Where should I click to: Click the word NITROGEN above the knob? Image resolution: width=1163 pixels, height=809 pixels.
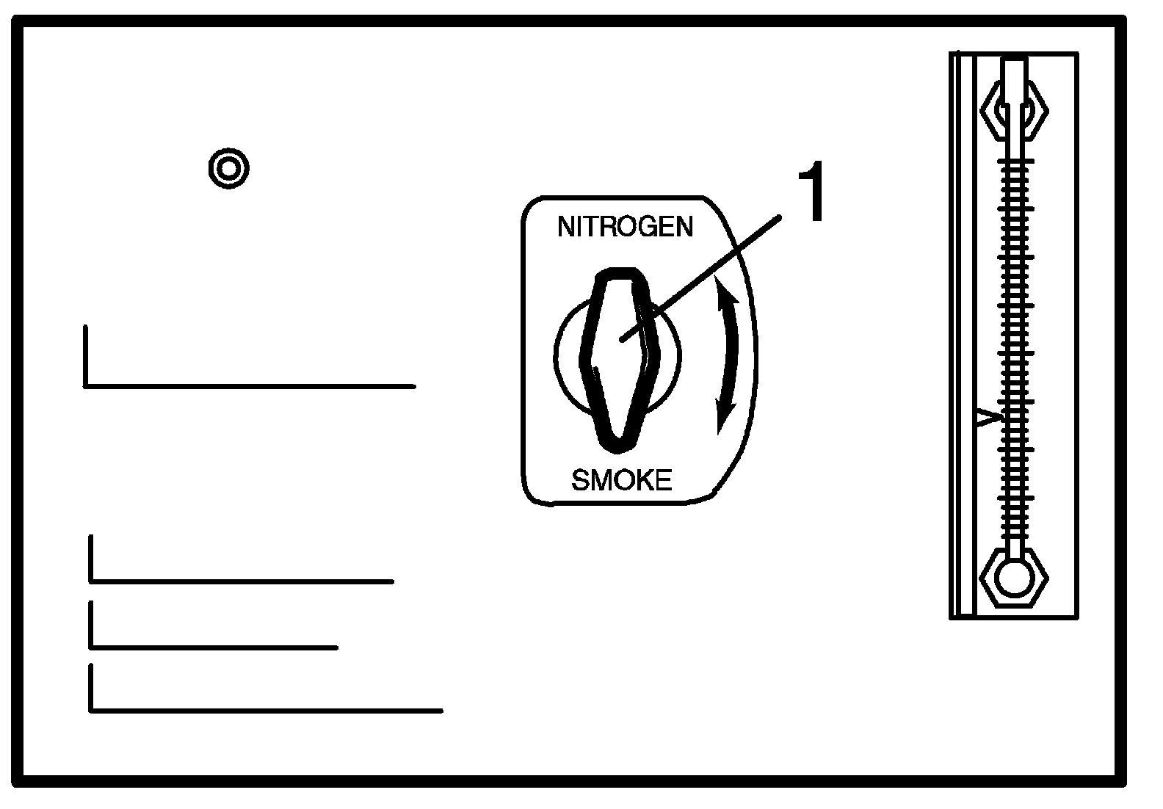(625, 227)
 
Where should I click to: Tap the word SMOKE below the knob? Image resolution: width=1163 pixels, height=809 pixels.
(621, 481)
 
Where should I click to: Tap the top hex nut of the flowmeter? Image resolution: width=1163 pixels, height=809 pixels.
(1014, 111)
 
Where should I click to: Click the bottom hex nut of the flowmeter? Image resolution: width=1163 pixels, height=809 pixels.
(1014, 576)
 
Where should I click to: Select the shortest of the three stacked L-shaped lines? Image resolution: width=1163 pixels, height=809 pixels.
(213, 646)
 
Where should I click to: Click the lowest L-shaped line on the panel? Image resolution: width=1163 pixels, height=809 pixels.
(264, 709)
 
